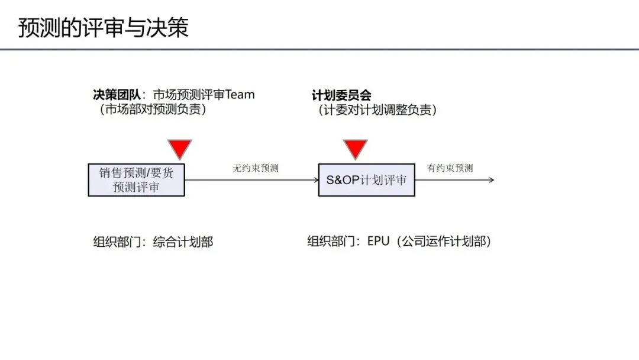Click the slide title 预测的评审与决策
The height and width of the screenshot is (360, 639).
[104, 28]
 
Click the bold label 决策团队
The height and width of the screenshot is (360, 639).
[116, 95]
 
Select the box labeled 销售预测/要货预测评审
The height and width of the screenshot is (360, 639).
[136, 180]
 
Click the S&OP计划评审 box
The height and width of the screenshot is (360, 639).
[366, 180]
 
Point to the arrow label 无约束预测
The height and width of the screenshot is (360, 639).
[256, 168]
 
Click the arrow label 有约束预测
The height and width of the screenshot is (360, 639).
[450, 168]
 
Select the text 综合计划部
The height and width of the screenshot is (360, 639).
[183, 242]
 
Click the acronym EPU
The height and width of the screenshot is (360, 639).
[379, 242]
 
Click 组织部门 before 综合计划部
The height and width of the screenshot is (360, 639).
[116, 242]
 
